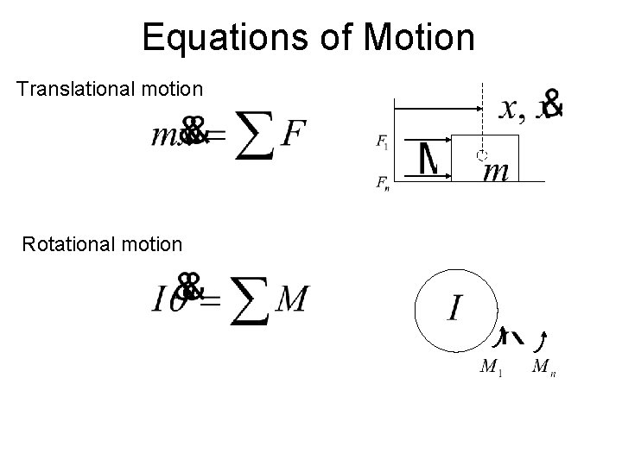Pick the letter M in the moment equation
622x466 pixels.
[x=290, y=300]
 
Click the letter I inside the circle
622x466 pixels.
[x=458, y=308]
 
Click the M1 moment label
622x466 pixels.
[x=491, y=368]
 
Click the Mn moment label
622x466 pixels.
[x=543, y=368]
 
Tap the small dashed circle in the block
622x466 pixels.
[x=482, y=155]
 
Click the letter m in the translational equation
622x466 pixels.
[x=164, y=136]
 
